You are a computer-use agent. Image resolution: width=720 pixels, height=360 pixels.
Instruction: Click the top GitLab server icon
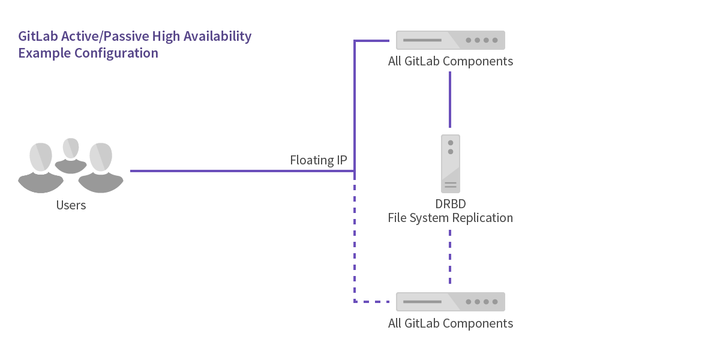pos(450,40)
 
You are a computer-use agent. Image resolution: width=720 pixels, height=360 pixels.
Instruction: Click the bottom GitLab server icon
pos(450,302)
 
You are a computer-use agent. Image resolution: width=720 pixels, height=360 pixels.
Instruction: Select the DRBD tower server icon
pos(451,163)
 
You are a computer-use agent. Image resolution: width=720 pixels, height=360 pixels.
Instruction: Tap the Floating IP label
pos(318,160)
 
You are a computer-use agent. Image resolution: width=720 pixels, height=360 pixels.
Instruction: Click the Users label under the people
pos(71,205)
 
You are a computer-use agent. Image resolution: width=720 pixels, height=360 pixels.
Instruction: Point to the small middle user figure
pos(71,155)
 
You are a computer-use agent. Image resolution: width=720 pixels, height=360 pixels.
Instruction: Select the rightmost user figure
pos(101,167)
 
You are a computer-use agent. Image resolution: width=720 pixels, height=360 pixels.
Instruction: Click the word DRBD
pos(450,204)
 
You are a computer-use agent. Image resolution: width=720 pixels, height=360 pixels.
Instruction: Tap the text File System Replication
pos(450,218)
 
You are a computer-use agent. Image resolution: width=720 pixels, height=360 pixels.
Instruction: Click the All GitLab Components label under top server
pos(450,61)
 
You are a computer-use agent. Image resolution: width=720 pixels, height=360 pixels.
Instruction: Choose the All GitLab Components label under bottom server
pos(450,323)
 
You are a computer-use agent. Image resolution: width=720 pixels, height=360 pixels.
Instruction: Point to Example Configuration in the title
pos(88,53)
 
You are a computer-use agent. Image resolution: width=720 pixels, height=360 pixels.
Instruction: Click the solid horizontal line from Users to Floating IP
pos(240,171)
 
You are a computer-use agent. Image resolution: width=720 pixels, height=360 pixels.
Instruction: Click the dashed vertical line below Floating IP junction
pos(355,240)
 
